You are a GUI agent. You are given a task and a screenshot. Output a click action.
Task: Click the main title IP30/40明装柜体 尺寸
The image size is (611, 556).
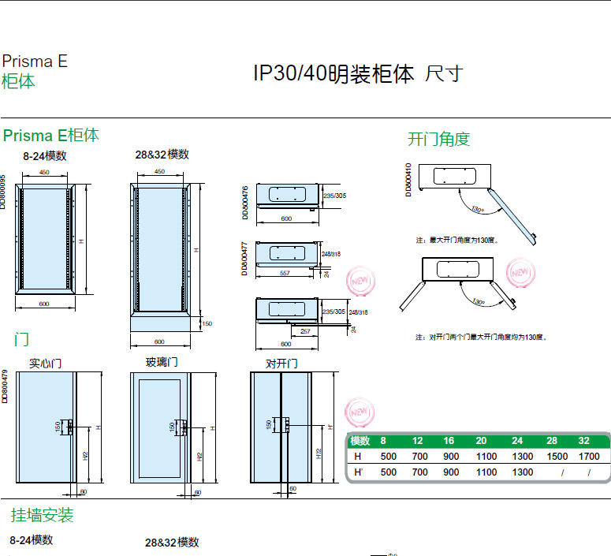tap(356, 74)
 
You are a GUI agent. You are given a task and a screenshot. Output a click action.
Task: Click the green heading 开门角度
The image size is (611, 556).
tap(438, 140)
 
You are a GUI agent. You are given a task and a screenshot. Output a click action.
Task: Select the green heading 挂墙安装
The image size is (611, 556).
tap(42, 515)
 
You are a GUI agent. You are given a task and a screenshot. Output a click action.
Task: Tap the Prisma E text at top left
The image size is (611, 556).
tap(35, 62)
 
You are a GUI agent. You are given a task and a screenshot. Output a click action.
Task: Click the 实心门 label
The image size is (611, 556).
tap(45, 364)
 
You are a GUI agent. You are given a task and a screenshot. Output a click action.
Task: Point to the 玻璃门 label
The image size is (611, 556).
tap(162, 362)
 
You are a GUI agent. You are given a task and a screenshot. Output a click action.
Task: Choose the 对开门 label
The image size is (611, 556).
tap(281, 364)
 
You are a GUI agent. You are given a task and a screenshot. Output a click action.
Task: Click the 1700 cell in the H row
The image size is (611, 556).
tap(589, 456)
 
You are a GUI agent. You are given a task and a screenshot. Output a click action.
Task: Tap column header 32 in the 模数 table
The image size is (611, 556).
tap(584, 441)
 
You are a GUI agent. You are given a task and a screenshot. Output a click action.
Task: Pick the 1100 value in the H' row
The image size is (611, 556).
tap(486, 472)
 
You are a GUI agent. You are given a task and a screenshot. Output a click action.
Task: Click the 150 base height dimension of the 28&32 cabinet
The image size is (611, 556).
tap(207, 323)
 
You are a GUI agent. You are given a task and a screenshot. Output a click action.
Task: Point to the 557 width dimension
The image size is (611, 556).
tap(285, 272)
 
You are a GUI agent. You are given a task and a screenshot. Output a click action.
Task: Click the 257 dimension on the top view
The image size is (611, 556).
tap(305, 332)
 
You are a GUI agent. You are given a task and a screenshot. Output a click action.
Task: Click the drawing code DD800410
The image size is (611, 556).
tap(408, 180)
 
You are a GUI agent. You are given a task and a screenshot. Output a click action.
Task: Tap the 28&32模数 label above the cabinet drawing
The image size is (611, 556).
tap(162, 155)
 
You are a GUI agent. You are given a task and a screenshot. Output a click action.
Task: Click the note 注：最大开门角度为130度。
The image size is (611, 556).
tap(456, 239)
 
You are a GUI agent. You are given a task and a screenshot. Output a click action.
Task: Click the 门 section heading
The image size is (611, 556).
tap(21, 340)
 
